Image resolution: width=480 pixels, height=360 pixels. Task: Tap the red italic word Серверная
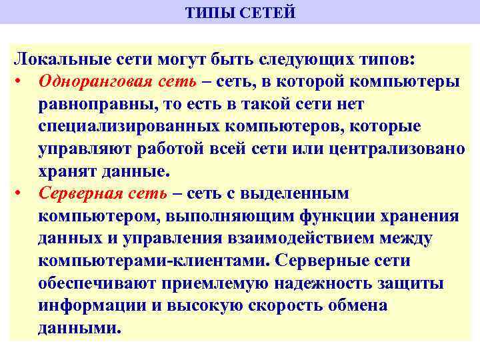coord(81,194)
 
